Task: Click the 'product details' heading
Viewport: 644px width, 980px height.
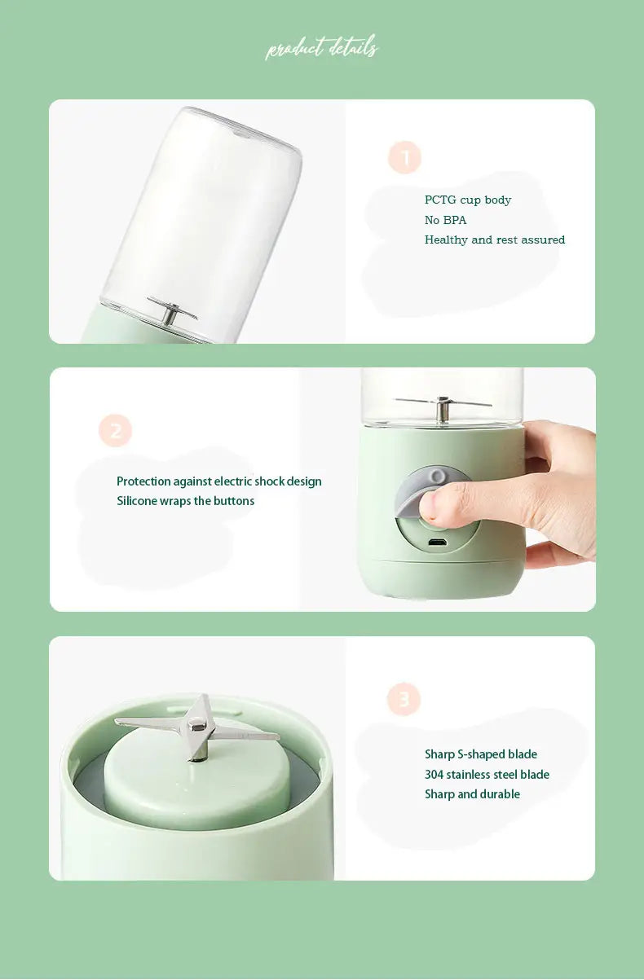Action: coord(321,49)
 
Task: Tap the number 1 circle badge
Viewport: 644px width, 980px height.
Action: coord(404,157)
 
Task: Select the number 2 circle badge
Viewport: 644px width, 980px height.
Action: coord(115,430)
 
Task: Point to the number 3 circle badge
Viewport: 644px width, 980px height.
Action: coord(404,699)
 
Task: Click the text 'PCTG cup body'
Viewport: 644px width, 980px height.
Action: coord(468,200)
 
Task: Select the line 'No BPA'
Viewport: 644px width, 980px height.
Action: coord(445,220)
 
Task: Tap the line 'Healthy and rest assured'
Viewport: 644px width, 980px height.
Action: coord(494,240)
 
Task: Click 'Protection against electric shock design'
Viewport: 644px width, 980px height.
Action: coord(218,481)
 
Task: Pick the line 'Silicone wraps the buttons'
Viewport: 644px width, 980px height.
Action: coord(185,501)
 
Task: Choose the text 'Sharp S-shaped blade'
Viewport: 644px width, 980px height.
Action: coord(480,754)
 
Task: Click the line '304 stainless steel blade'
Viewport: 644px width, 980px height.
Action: coord(487,775)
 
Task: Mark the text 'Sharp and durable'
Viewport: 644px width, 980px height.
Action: coord(472,794)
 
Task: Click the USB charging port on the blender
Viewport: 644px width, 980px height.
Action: coord(437,543)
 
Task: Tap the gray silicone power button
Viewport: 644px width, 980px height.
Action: coord(412,492)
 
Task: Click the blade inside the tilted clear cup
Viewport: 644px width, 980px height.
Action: coord(172,311)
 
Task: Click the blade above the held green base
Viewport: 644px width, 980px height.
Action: coord(443,404)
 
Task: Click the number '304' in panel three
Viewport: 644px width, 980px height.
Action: coord(434,775)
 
